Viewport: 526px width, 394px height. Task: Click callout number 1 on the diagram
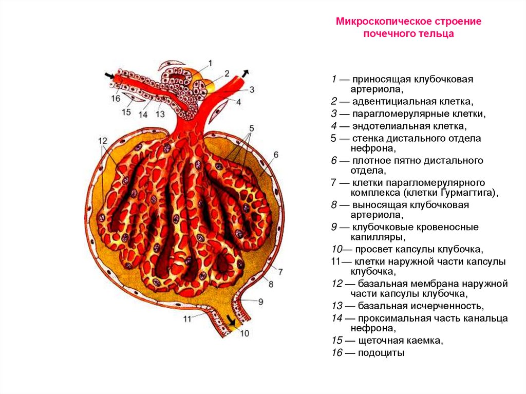pos(210,63)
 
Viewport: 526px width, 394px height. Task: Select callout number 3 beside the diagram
pos(252,89)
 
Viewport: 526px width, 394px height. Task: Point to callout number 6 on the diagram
pos(275,155)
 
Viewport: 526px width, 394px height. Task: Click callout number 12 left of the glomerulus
pos(103,141)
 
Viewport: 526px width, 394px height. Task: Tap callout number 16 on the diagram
pos(116,98)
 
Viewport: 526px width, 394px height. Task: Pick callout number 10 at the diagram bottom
pos(244,333)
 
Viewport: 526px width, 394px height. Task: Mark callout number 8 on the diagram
pos(271,283)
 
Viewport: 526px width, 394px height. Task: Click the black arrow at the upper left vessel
pos(109,76)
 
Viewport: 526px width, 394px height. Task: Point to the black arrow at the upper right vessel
pos(246,72)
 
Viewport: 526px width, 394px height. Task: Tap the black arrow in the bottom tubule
pos(232,323)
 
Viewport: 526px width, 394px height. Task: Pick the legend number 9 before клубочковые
pos(334,227)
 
